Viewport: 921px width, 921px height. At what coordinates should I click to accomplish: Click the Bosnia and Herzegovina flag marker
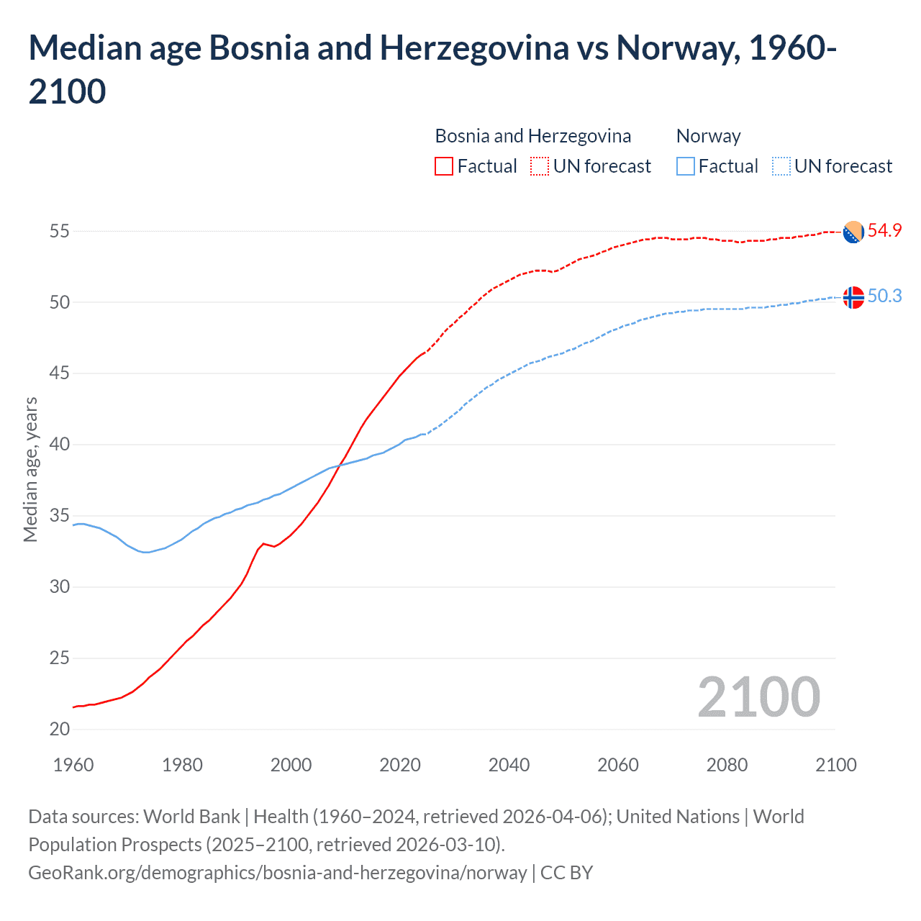pos(853,232)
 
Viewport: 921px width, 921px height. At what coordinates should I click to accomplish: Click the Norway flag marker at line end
pos(853,297)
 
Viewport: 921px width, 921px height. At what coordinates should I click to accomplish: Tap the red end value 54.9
pos(884,230)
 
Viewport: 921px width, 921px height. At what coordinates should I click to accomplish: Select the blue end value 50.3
pos(884,296)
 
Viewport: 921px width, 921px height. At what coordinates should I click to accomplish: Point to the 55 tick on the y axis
pos(60,231)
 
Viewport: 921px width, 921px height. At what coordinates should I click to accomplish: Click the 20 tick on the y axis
pos(60,729)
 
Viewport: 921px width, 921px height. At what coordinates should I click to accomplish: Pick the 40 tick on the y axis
pos(60,444)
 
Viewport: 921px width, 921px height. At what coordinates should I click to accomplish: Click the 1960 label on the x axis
pos(73,765)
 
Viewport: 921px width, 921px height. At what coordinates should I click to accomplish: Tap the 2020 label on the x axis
pos(400,765)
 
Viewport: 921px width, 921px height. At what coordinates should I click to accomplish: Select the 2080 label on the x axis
pos(727,765)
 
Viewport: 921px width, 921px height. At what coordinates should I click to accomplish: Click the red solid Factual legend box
pos(444,166)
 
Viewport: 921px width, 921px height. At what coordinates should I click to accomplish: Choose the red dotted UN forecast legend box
pos(540,166)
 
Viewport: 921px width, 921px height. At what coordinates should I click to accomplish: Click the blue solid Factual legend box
pos(686,166)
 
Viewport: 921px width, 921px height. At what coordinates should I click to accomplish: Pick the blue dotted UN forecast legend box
pos(781,166)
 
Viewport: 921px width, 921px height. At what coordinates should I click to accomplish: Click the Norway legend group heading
pos(708,136)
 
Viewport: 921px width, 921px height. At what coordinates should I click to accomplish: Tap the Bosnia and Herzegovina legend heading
pos(532,136)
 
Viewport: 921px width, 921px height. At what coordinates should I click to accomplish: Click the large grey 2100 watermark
pos(758,697)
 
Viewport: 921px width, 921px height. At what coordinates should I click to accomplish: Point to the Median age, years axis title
pos(30,469)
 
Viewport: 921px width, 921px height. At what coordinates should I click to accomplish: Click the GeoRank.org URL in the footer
pos(277,873)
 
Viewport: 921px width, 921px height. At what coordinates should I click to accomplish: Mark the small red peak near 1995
pos(263,543)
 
